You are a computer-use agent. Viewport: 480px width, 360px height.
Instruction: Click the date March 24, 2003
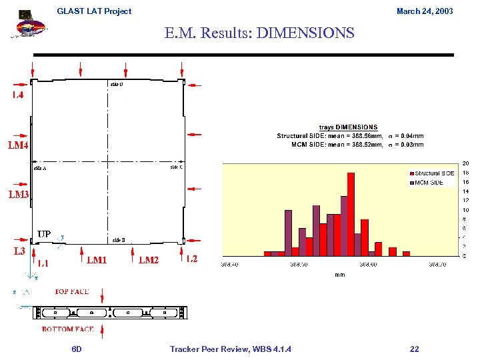[424, 11]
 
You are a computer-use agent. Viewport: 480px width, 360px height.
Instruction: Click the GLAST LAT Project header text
[94, 11]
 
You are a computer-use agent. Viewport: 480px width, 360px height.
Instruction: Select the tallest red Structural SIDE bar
[351, 213]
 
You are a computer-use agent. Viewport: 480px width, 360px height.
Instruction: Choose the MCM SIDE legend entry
[429, 182]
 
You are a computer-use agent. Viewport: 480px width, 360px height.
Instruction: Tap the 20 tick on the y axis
[465, 163]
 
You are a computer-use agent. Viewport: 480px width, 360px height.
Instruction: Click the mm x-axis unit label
[339, 274]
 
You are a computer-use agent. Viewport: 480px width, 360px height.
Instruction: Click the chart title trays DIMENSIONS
[348, 127]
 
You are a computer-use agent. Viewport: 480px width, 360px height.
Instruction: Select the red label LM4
[18, 145]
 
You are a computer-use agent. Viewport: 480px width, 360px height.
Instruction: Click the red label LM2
[149, 260]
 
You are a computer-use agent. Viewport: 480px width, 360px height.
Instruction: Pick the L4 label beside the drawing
[18, 95]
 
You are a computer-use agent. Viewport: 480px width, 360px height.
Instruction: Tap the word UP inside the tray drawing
[44, 234]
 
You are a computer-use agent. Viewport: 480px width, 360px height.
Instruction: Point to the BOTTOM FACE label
[67, 329]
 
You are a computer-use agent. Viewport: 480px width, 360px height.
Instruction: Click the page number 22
[414, 349]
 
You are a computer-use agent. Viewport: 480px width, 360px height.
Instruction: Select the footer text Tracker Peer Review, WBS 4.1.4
[230, 349]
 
